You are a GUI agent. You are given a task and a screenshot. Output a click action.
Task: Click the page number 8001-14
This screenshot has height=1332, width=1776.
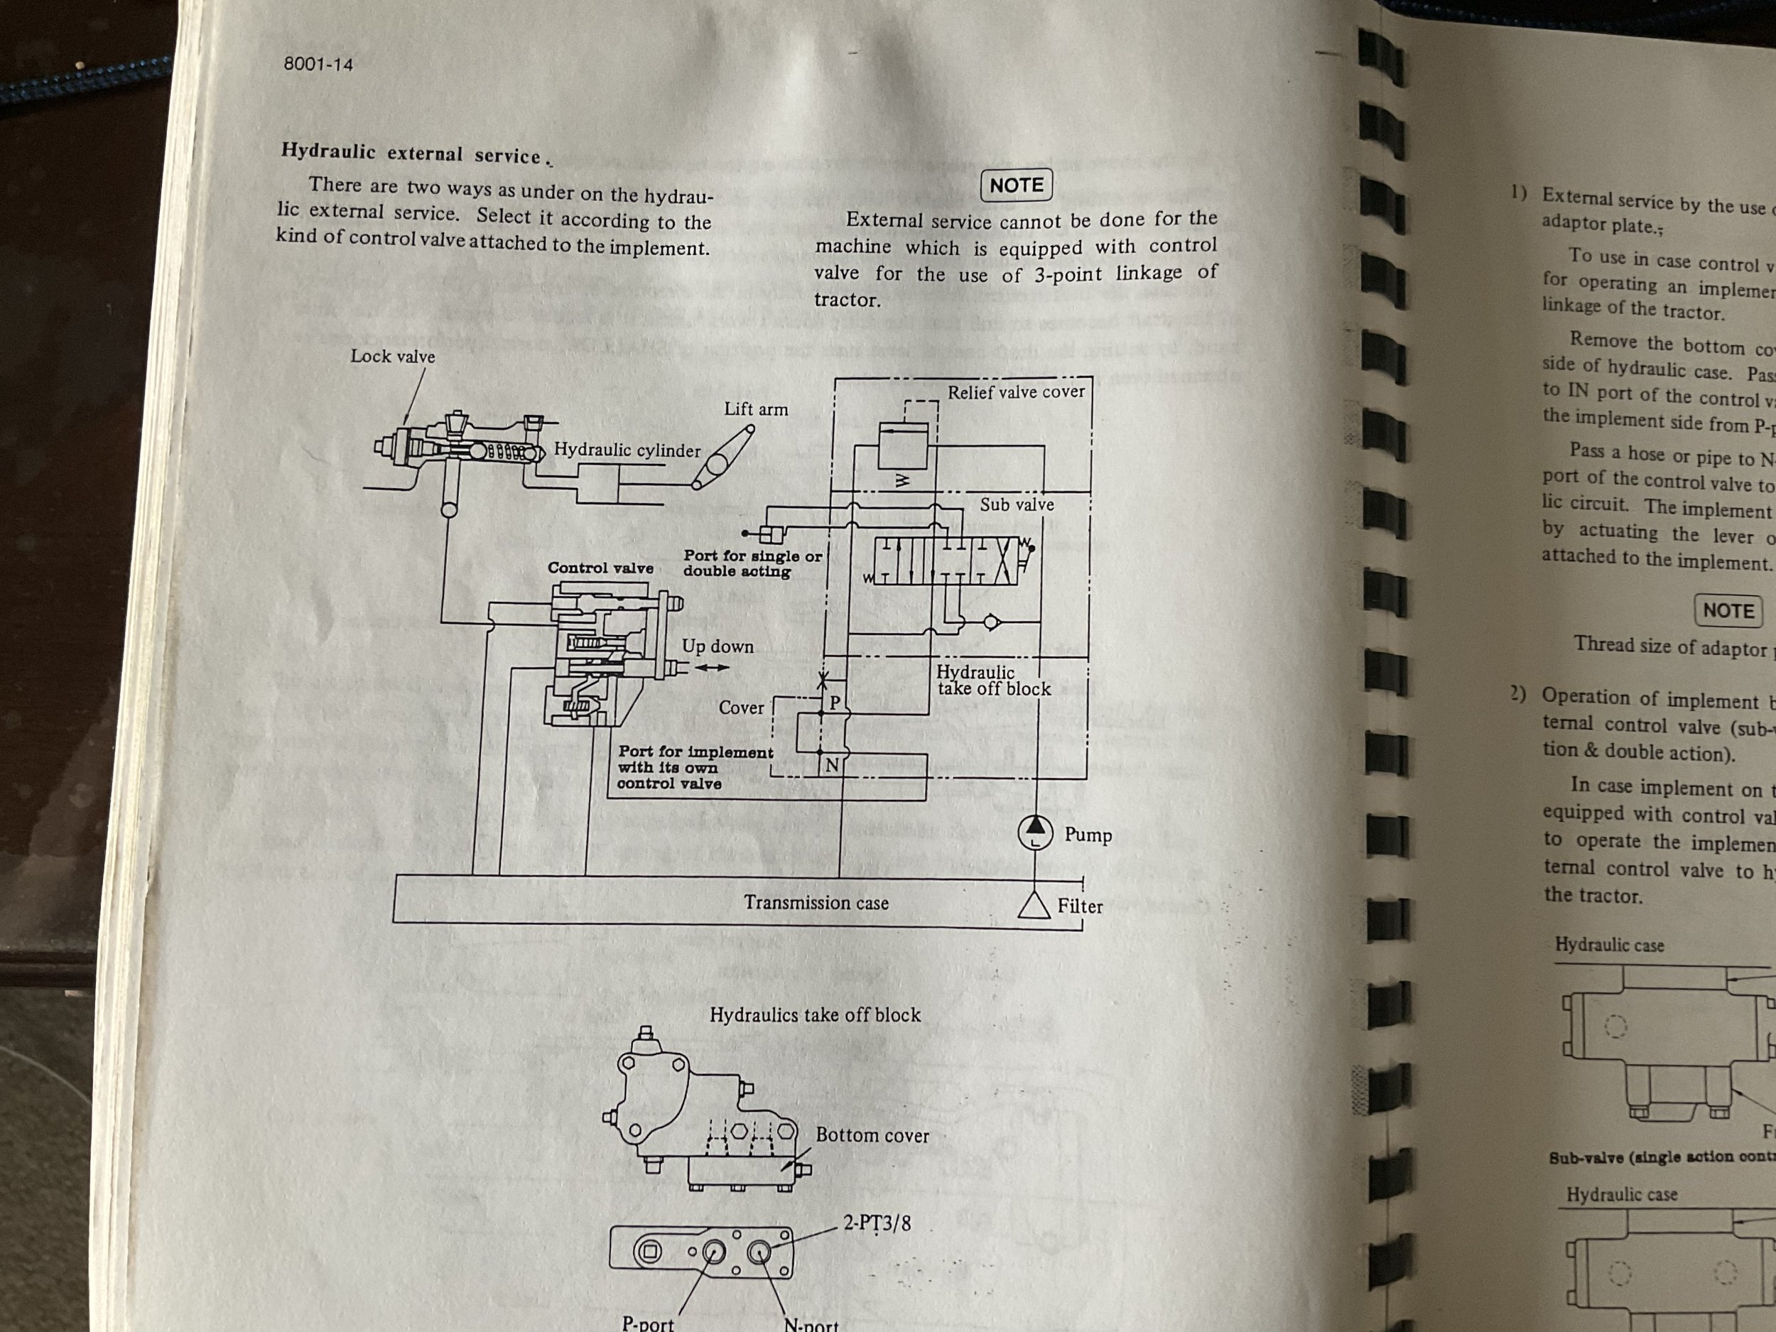[318, 64]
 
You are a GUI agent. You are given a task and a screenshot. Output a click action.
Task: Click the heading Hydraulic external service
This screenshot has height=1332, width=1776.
[411, 153]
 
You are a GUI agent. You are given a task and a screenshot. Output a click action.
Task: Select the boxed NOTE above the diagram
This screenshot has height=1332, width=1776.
[1016, 185]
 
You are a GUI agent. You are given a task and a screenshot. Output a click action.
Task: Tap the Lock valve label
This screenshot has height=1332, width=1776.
[393, 357]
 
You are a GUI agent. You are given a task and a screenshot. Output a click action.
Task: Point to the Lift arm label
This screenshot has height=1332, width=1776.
[756, 409]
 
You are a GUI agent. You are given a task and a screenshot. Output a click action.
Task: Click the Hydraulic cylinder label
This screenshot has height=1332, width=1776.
[627, 450]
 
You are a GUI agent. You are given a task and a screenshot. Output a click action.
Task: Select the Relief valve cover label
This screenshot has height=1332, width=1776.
[1016, 393]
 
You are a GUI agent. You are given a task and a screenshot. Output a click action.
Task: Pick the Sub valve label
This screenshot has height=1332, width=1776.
[1017, 505]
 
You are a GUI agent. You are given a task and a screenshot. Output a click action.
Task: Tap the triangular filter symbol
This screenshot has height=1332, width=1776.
[1034, 905]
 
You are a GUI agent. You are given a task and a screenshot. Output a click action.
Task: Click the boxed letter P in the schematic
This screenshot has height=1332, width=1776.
[834, 703]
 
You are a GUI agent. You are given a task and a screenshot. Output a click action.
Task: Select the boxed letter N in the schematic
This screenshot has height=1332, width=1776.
[832, 765]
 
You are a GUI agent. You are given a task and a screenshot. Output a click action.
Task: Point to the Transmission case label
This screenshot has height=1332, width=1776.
[816, 903]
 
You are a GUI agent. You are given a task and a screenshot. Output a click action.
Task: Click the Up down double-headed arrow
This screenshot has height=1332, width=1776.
[712, 667]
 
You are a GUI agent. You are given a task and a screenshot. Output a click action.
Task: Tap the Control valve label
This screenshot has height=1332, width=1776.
[600, 568]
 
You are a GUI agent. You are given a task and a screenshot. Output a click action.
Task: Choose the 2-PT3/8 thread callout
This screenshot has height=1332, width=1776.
[877, 1223]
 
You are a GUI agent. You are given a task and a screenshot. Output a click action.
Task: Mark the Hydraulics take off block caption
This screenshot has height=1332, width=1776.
[815, 1015]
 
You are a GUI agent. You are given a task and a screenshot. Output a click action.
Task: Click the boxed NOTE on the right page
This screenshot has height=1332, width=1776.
[1728, 610]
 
